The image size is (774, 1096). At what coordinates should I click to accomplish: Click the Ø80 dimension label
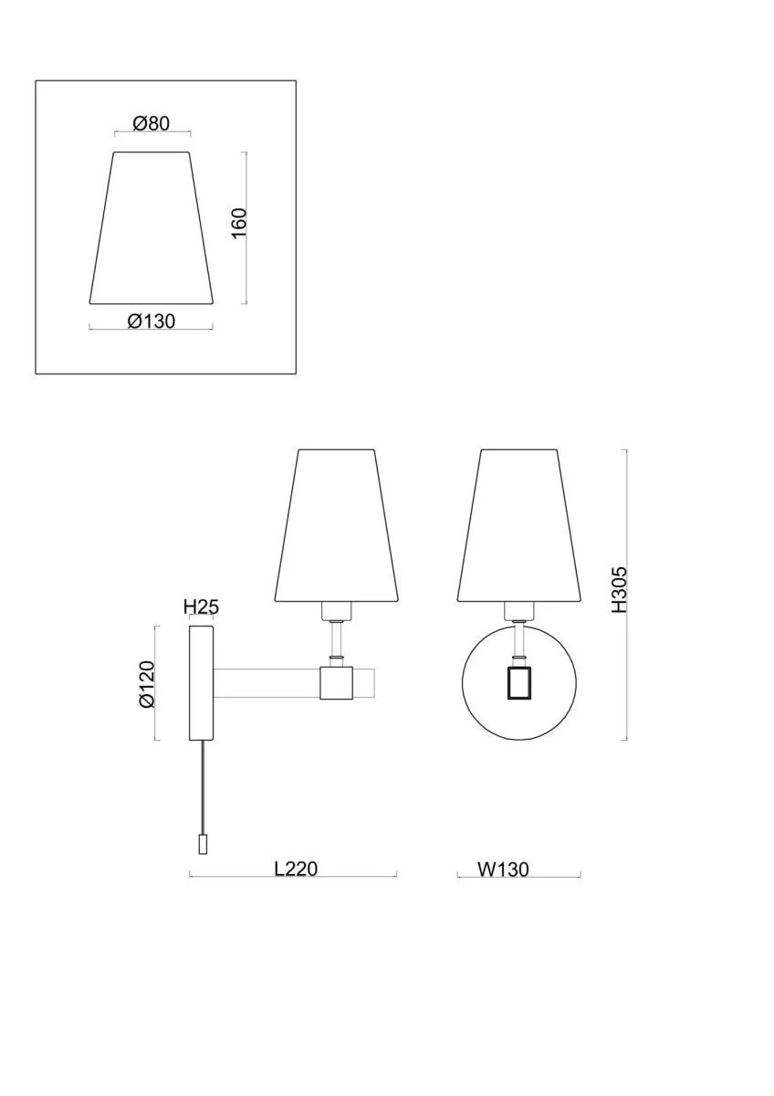coord(152,124)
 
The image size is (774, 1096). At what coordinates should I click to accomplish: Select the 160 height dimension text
coord(239,223)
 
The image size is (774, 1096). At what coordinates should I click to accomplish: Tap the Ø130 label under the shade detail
coord(152,321)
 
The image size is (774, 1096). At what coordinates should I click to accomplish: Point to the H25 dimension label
coord(201,607)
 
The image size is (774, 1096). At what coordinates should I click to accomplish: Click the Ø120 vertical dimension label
coord(147,684)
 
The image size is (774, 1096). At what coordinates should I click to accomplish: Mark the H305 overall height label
coord(619,590)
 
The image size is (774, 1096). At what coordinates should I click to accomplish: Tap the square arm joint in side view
coord(337,682)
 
